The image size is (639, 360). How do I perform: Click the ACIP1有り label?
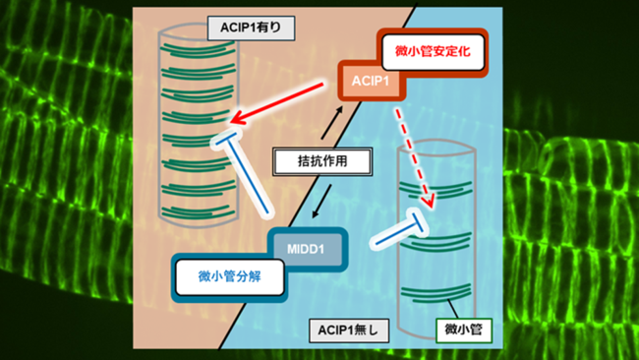pos(251,29)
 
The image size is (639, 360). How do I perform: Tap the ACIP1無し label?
pos(349,330)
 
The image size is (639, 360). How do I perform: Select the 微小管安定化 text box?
pos(434,52)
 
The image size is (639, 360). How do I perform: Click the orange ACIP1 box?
pos(371,81)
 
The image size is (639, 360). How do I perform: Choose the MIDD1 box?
pos(306,249)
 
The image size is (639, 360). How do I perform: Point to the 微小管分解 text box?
pos(229,277)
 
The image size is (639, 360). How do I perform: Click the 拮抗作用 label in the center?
pos(322,162)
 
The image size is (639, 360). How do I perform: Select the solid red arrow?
pos(276,102)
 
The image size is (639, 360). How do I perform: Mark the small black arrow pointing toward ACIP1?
pos(331,122)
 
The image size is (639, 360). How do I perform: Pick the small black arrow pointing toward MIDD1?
pos(321,201)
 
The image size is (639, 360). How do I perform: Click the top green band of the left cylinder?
pos(198,49)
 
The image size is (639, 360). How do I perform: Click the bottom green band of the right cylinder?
pos(436,293)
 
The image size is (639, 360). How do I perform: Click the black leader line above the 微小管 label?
pos(453,309)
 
